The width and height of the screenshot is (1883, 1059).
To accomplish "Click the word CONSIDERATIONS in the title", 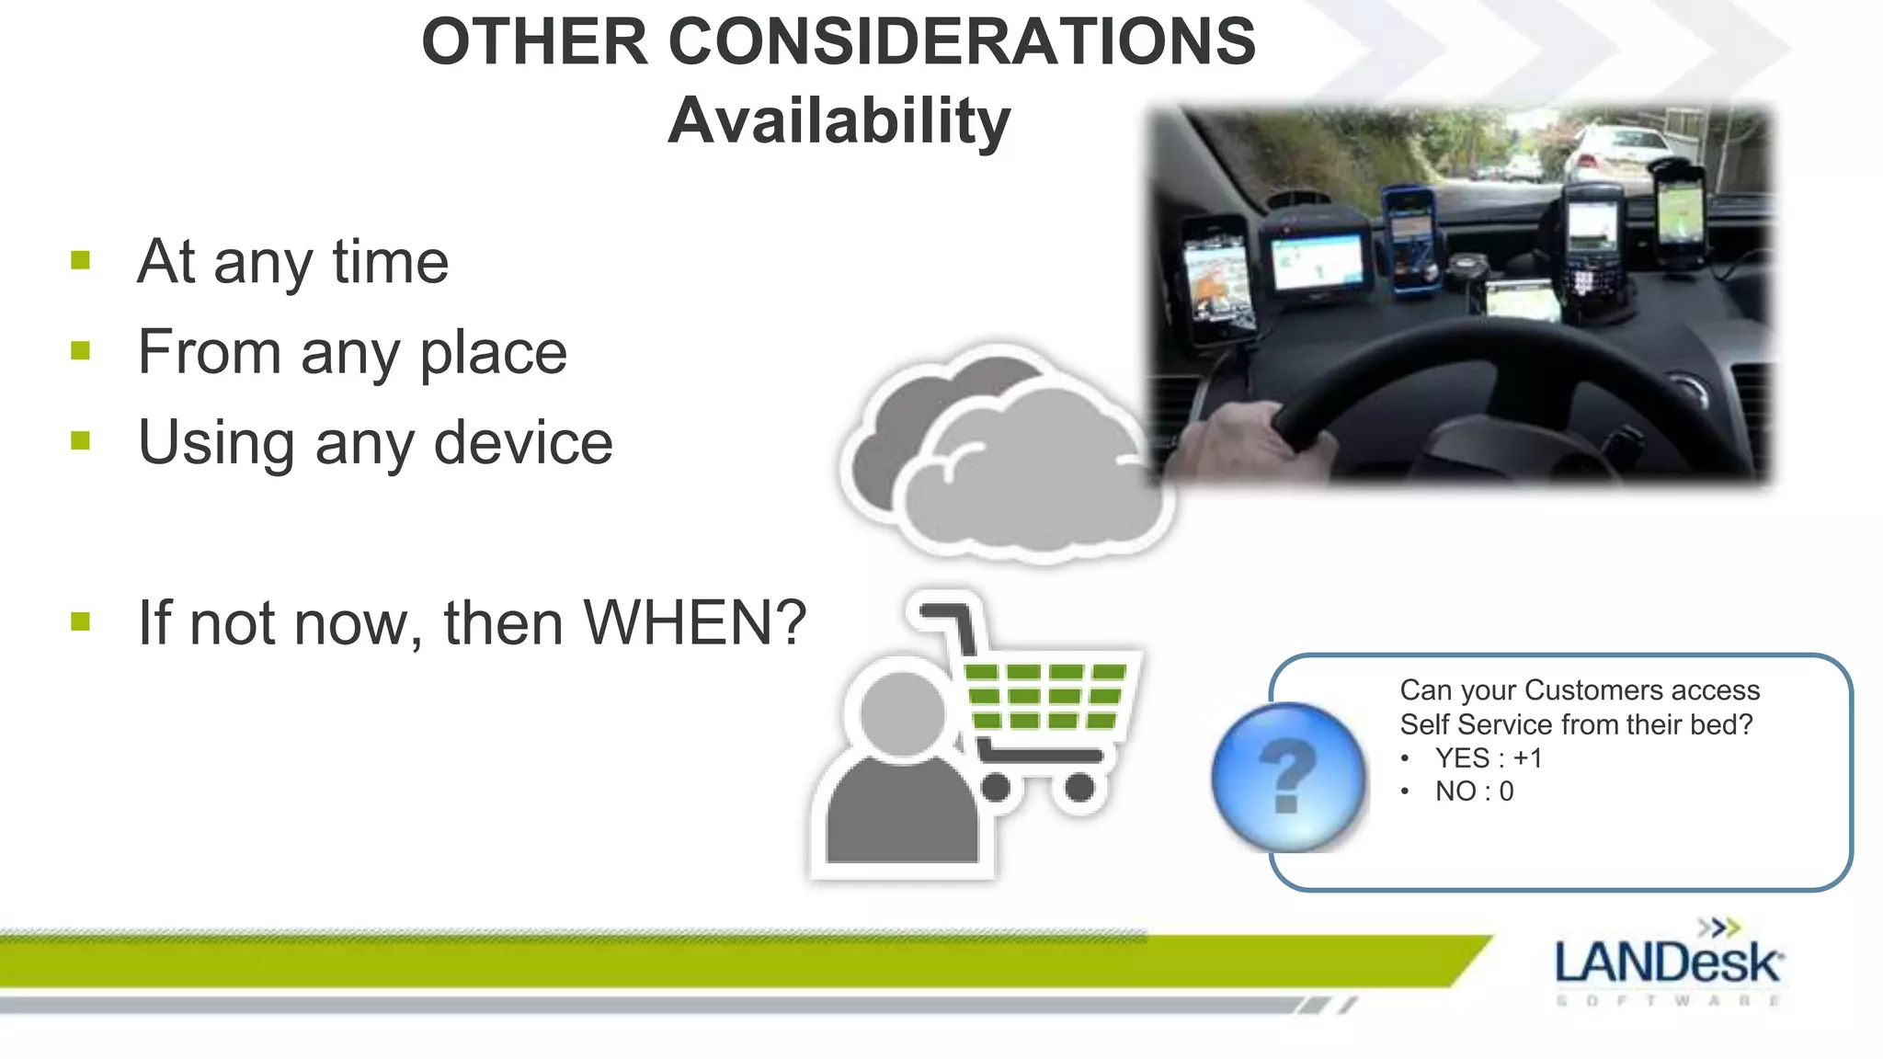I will pos(962,42).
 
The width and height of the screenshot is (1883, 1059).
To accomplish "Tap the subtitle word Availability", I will pos(839,121).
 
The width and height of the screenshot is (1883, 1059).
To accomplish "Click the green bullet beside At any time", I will pos(81,261).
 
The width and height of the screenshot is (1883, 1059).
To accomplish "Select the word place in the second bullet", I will pos(493,353).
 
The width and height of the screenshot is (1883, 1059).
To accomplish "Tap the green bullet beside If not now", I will pos(81,622).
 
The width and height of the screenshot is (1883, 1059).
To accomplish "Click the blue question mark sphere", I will pos(1287,778).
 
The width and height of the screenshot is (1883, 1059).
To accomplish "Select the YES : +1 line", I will pos(1488,758).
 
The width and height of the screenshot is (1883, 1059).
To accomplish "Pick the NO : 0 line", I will pos(1474,791).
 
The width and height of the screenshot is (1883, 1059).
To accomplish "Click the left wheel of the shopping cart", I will pos(996,788).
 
